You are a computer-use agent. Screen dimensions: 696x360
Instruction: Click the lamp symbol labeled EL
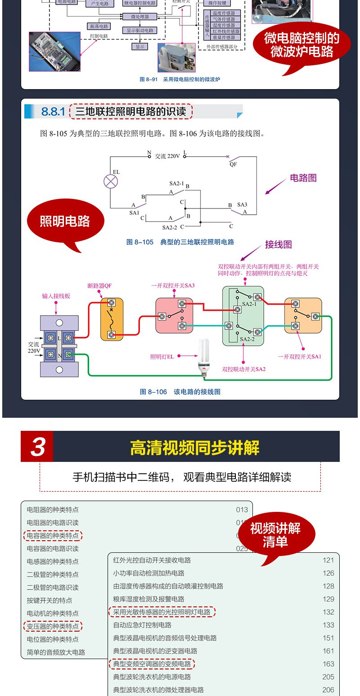tap(110, 181)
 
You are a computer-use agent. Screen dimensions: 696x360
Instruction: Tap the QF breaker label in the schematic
tap(233, 164)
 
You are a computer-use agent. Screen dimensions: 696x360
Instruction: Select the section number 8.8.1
tap(53, 112)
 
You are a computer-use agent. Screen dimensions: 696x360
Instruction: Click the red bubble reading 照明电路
tap(65, 221)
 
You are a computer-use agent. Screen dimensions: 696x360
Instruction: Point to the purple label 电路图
tap(303, 178)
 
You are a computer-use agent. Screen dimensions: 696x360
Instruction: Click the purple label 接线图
tap(278, 244)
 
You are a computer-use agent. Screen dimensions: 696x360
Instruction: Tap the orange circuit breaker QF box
tap(112, 319)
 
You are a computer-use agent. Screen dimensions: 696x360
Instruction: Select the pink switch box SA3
tap(174, 315)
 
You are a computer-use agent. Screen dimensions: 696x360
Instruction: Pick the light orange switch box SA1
tap(303, 316)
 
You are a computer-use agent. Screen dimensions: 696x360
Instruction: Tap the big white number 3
tap(37, 447)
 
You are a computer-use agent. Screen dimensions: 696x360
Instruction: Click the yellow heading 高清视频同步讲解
tap(194, 448)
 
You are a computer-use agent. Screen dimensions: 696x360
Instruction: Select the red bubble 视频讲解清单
tap(275, 535)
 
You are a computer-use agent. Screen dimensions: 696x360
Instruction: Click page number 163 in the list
tap(328, 664)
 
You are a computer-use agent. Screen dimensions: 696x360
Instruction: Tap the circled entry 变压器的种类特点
tap(53, 626)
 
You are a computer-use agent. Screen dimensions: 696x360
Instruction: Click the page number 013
tap(242, 510)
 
